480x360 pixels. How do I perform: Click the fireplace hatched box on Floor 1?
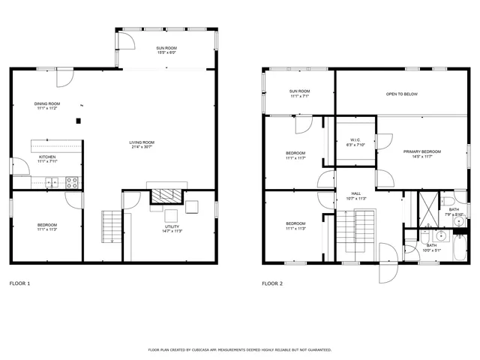click(166, 196)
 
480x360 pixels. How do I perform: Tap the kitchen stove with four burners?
click(73, 181)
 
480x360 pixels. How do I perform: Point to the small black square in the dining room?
click(77, 121)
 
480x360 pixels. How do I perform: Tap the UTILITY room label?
click(172, 226)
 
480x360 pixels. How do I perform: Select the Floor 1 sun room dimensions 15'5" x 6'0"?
click(166, 52)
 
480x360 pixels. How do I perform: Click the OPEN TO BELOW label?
click(402, 94)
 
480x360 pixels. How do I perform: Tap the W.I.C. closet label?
click(355, 140)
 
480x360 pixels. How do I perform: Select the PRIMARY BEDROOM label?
click(421, 151)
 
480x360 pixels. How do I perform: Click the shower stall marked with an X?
click(427, 210)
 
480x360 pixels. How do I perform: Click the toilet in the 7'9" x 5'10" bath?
click(458, 201)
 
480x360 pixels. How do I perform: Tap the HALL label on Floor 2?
click(356, 193)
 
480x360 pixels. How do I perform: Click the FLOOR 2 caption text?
click(272, 284)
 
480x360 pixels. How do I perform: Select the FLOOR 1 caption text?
click(19, 284)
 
